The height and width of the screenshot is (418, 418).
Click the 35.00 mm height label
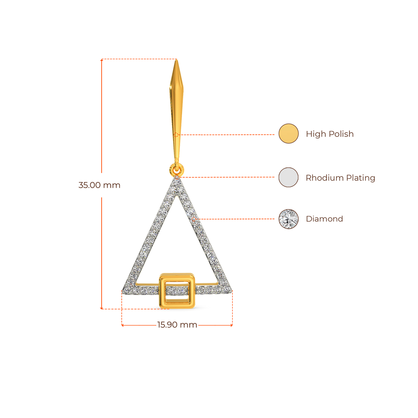(x=100, y=185)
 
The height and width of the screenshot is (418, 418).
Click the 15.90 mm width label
(x=177, y=325)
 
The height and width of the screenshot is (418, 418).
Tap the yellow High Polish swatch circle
(x=289, y=133)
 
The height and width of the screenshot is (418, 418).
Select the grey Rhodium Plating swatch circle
(x=289, y=177)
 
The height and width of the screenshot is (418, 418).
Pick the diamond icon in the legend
(x=289, y=219)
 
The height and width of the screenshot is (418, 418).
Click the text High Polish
(x=330, y=134)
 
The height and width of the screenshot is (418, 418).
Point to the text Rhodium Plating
(x=340, y=178)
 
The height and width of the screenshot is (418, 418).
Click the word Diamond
(x=325, y=219)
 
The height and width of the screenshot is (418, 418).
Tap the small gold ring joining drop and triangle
(x=176, y=170)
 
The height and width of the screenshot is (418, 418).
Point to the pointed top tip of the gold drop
(x=176, y=60)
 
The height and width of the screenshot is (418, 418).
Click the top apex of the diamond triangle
(x=177, y=177)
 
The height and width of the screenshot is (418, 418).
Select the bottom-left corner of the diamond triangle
(x=122, y=293)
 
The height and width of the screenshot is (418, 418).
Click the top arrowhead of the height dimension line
(x=102, y=60)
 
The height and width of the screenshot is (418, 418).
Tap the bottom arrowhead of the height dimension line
(x=102, y=308)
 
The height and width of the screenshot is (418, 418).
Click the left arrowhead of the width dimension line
(x=122, y=325)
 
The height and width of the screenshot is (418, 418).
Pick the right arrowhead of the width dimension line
(x=232, y=325)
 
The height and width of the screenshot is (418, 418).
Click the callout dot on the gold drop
(x=176, y=135)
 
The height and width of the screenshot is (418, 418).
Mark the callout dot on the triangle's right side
(x=194, y=219)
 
